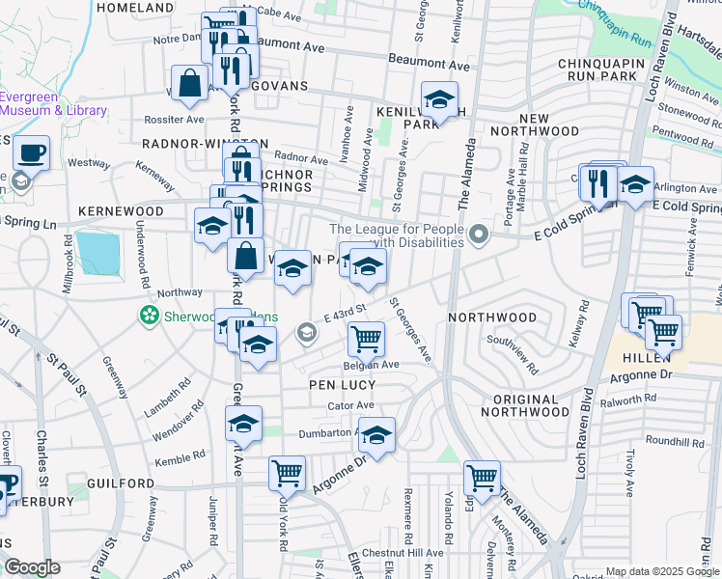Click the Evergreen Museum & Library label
click(x=53, y=103)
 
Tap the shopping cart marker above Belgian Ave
click(x=366, y=340)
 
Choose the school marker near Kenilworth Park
click(x=439, y=100)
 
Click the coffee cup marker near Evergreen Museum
click(x=32, y=152)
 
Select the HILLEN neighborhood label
click(x=635, y=356)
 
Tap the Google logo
click(x=32, y=567)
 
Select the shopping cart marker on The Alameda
click(x=482, y=477)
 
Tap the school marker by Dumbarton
click(x=376, y=435)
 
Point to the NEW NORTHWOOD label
click(x=534, y=123)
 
